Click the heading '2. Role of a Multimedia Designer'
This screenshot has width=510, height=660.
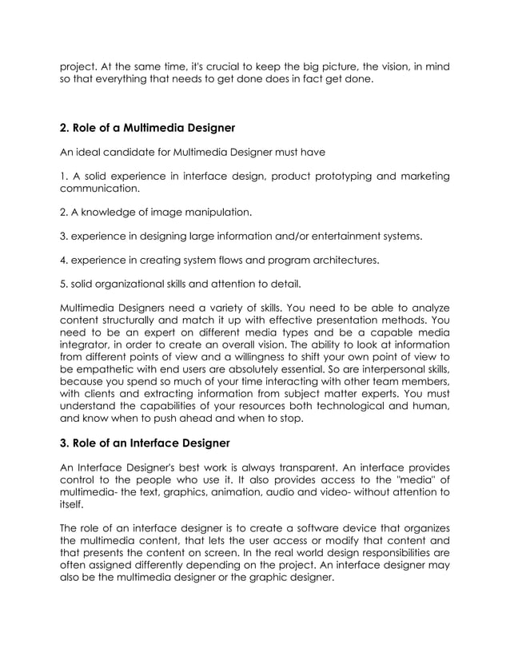[x=147, y=126]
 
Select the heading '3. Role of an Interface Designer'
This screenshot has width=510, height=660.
[x=145, y=443]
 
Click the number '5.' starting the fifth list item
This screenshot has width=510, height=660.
[x=66, y=284]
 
